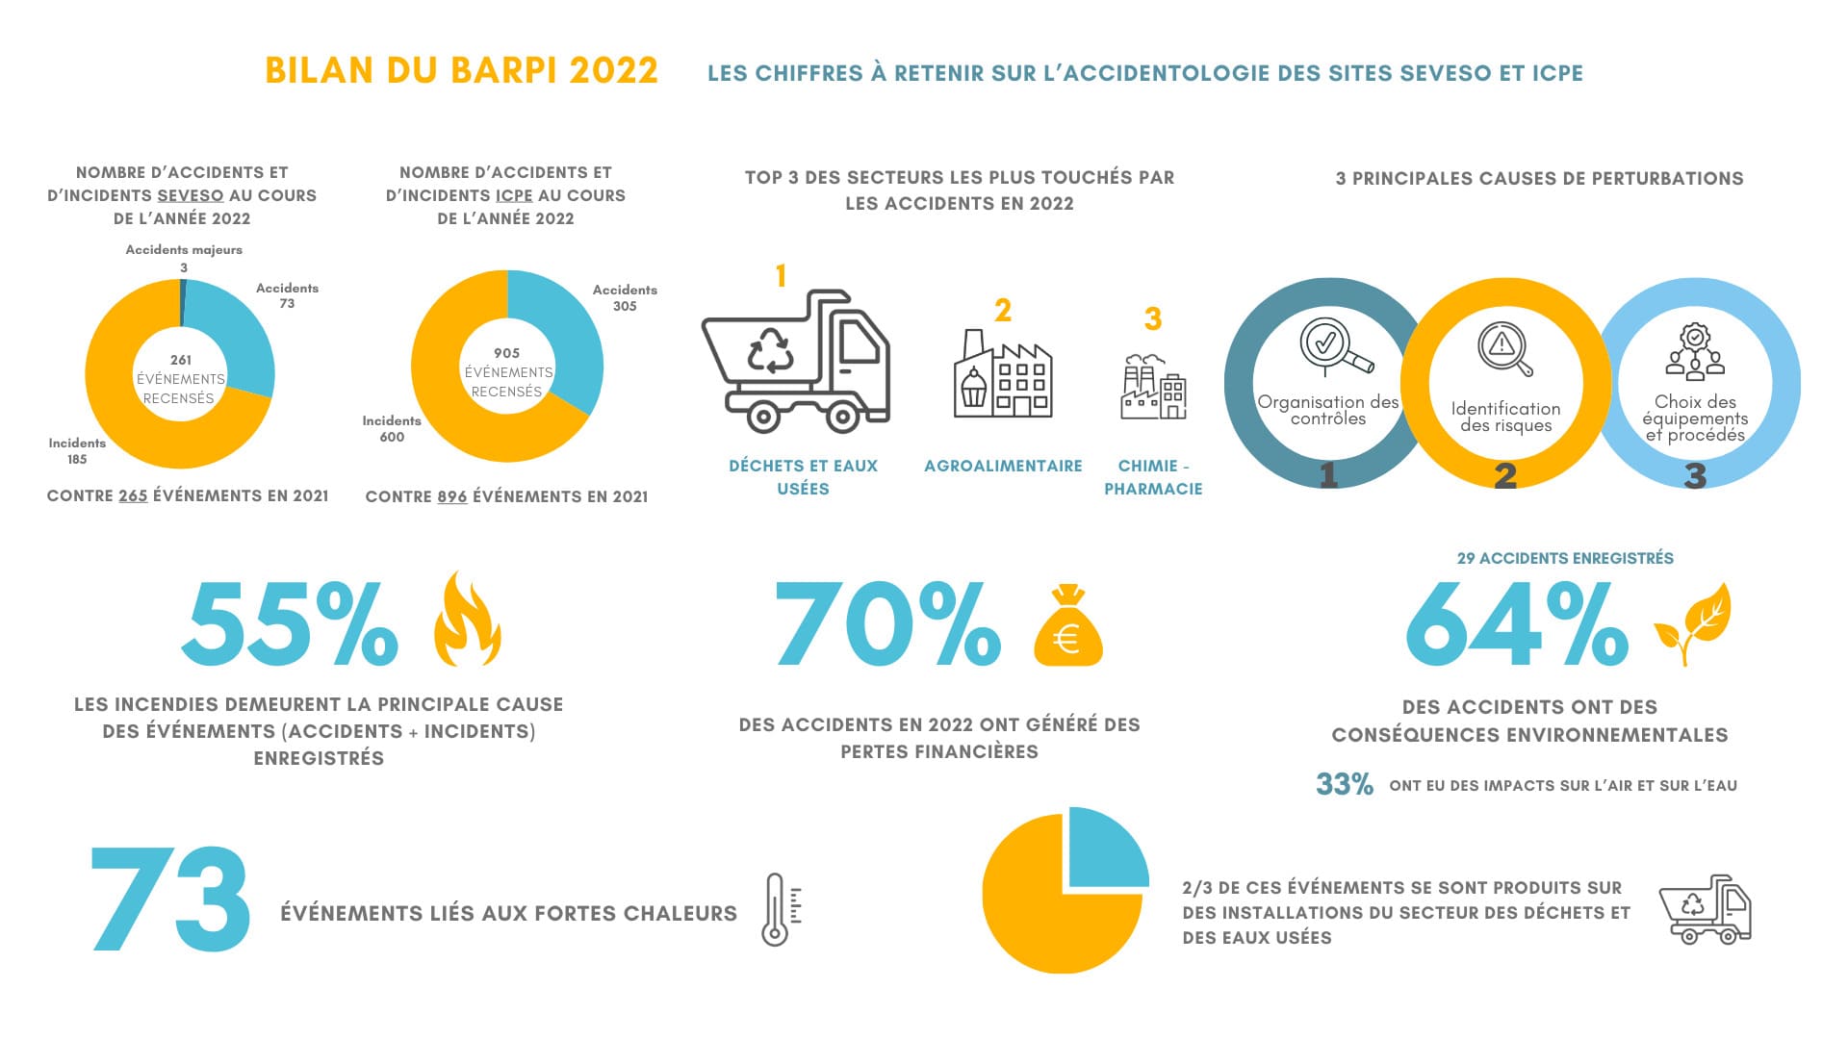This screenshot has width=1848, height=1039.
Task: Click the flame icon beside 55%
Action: click(x=468, y=620)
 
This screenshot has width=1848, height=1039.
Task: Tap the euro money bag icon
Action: click(x=1067, y=626)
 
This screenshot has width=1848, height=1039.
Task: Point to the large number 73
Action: click(x=171, y=900)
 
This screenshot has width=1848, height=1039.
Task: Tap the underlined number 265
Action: click(x=133, y=496)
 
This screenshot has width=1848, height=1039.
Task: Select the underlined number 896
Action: click(x=451, y=497)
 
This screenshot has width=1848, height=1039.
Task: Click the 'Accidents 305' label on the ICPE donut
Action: click(x=625, y=297)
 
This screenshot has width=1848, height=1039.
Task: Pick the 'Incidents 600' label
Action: click(x=392, y=429)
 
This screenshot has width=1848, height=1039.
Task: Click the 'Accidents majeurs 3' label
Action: click(x=184, y=258)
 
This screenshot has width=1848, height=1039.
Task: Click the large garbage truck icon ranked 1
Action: click(x=795, y=360)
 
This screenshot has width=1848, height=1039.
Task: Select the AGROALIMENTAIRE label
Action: click(x=1003, y=467)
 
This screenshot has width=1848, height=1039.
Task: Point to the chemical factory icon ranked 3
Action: click(x=1153, y=386)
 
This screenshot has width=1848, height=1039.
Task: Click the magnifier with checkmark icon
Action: click(x=1334, y=347)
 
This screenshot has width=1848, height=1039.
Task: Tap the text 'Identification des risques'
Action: click(x=1505, y=417)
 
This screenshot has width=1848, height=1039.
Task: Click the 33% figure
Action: click(x=1345, y=785)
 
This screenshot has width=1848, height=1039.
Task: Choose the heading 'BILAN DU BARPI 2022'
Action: click(x=461, y=71)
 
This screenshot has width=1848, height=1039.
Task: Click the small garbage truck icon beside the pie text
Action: click(x=1706, y=909)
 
